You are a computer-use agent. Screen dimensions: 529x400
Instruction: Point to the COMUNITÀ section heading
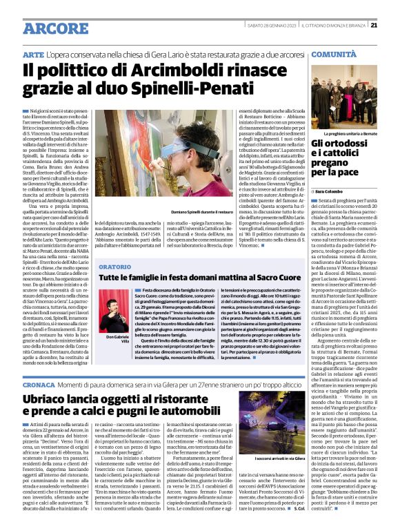[x=333, y=53]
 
